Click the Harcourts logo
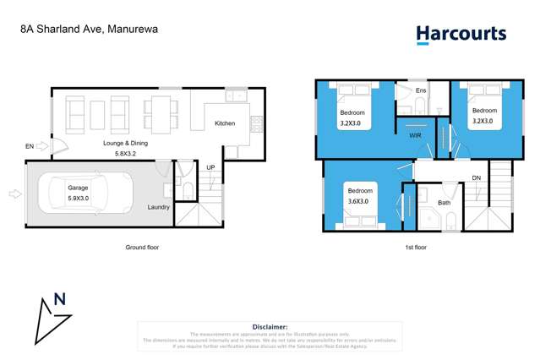[461, 35]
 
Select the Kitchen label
[225, 124]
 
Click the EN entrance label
[30, 147]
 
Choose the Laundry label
[158, 207]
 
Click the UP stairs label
[210, 167]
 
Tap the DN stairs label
[477, 178]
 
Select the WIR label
[415, 135]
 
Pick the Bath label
[444, 203]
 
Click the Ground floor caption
[141, 248]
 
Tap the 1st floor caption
[415, 248]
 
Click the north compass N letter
[59, 298]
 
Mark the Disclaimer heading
[270, 326]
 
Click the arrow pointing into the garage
[14, 194]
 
